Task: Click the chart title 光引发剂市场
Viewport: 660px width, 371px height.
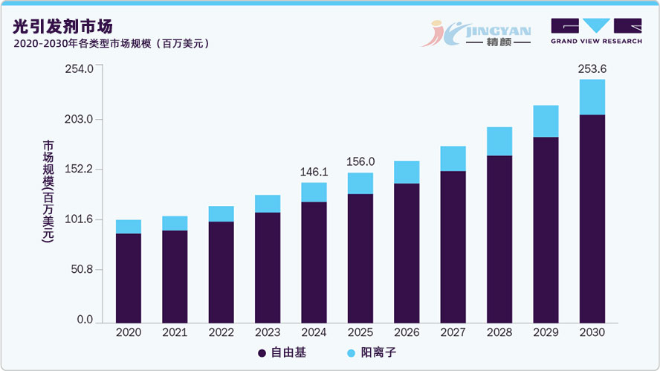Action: click(63, 26)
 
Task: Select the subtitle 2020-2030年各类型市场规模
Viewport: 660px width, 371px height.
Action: click(111, 44)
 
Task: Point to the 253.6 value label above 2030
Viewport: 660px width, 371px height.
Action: click(592, 68)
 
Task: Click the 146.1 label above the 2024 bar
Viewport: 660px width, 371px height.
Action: click(314, 172)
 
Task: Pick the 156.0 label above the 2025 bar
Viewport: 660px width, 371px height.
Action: click(360, 162)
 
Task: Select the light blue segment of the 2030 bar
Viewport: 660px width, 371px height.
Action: click(592, 97)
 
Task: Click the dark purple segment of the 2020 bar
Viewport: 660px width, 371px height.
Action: click(128, 277)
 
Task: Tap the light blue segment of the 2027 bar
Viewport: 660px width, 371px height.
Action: click(453, 158)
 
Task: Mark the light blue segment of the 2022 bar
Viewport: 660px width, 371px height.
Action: click(221, 213)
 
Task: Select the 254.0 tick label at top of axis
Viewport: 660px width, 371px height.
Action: click(79, 69)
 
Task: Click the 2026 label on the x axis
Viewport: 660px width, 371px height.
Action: click(407, 332)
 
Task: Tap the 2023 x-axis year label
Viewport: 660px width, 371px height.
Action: click(268, 332)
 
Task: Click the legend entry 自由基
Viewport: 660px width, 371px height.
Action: click(282, 353)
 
